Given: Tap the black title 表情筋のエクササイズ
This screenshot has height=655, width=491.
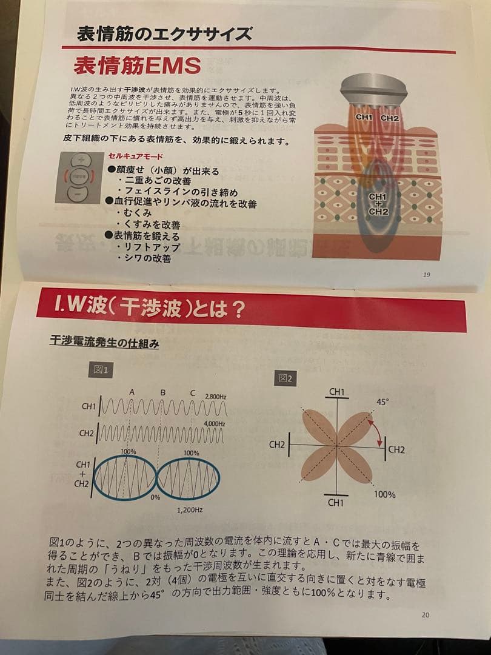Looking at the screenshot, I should (x=164, y=34).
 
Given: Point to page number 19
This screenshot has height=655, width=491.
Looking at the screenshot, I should (x=427, y=274).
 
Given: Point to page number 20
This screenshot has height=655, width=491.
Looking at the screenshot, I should (x=425, y=614).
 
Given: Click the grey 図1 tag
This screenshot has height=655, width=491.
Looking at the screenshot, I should (x=101, y=369).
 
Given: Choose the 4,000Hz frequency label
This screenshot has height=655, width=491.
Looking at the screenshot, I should (x=214, y=423).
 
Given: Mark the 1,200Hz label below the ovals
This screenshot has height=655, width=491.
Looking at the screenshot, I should (x=190, y=510).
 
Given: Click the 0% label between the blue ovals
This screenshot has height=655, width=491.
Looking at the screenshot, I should (x=156, y=497).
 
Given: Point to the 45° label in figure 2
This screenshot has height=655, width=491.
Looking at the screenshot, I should (x=382, y=401).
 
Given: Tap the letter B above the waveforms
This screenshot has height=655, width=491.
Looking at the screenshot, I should (x=162, y=392).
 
